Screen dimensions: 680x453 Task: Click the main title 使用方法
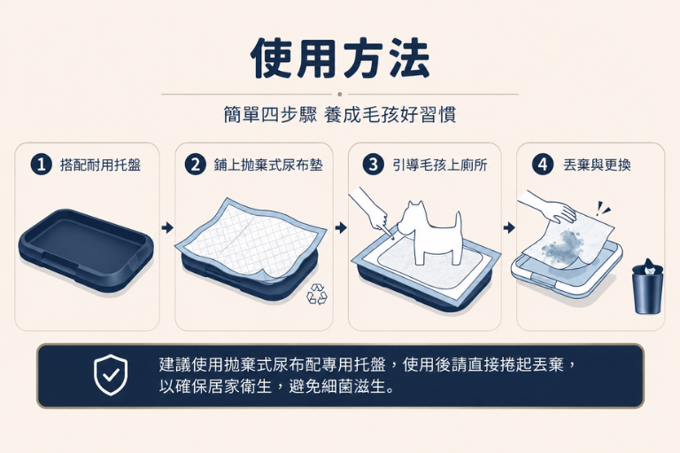[340, 58]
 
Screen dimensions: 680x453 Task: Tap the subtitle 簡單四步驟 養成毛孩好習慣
[340, 115]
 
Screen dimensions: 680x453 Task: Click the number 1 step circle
[42, 165]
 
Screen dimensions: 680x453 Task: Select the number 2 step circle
[196, 165]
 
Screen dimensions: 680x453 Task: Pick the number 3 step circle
[373, 165]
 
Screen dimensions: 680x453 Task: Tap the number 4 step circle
[543, 165]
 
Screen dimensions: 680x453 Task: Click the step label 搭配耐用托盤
[101, 165]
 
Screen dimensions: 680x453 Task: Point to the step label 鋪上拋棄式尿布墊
[268, 165]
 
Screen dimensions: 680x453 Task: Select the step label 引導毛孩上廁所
[440, 165]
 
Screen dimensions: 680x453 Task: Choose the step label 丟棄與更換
[597, 165]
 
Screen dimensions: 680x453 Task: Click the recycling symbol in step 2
[317, 295]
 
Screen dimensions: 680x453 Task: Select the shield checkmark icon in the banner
[111, 375]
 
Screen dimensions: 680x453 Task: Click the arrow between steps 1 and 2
[167, 227]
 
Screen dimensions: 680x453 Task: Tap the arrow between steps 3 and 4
[509, 227]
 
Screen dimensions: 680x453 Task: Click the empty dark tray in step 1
[86, 249]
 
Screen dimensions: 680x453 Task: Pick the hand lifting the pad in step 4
[547, 206]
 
